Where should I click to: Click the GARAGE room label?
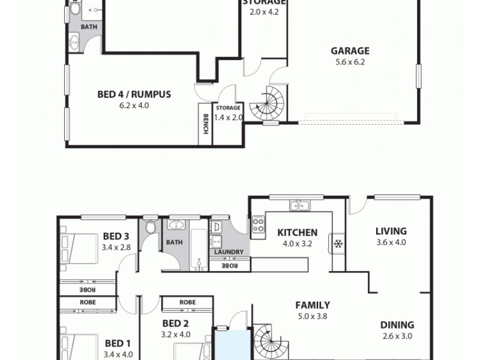350,51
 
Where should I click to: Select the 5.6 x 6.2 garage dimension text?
350,61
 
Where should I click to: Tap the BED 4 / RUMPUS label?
134,94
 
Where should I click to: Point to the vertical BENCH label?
205,124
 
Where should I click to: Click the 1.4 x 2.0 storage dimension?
228,118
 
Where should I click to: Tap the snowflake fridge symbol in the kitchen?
338,244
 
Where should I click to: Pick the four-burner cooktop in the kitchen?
259,224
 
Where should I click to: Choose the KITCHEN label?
297,233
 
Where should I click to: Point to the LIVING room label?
391,231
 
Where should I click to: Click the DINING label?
397,326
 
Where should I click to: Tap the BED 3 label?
116,236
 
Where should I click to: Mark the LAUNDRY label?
229,252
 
